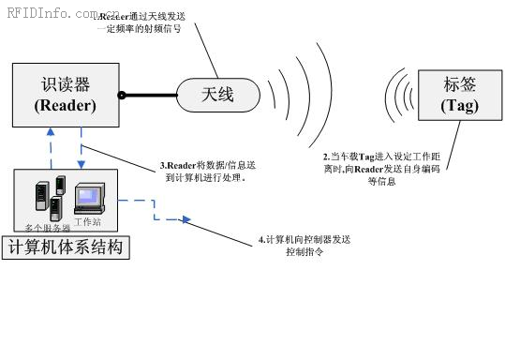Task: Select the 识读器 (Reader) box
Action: tap(66, 95)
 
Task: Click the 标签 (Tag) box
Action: tap(460, 95)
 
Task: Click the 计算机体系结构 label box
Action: tap(65, 248)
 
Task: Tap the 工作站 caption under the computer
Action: tap(89, 221)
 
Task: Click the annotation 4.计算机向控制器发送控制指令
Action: tap(305, 247)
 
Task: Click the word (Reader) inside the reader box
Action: tap(66, 105)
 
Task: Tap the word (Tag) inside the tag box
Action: tap(460, 106)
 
